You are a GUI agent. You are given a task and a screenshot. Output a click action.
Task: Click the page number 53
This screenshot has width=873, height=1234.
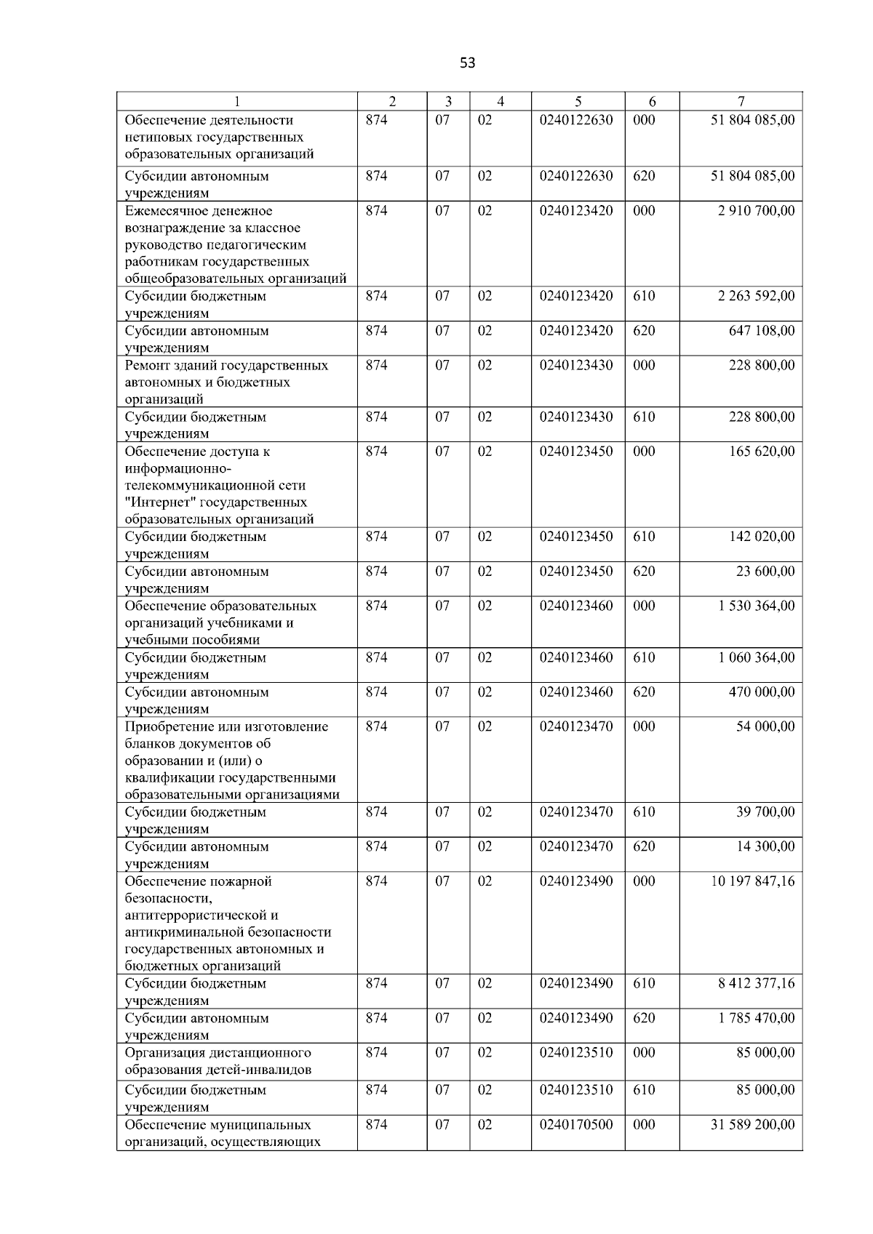tap(468, 63)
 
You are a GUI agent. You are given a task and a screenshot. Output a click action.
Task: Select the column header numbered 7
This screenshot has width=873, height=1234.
tap(741, 102)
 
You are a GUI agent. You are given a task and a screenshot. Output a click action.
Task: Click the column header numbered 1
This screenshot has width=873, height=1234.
tap(237, 102)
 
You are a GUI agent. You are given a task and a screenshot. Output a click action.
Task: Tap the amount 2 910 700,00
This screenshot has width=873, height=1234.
tap(756, 211)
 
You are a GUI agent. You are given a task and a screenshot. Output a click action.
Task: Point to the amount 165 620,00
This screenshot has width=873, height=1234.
tap(762, 452)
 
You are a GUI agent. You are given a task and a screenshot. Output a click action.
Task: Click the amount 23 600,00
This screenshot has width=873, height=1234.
tap(765, 572)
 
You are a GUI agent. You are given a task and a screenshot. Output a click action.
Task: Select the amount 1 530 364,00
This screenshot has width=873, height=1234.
tap(756, 606)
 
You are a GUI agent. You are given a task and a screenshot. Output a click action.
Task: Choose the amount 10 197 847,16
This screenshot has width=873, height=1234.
tap(753, 881)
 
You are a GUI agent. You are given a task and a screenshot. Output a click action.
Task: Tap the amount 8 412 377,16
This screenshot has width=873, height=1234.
tap(756, 984)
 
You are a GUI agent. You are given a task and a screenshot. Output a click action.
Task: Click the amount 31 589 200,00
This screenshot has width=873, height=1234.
tap(753, 1125)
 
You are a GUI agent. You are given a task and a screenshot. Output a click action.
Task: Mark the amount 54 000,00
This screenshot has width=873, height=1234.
tap(765, 726)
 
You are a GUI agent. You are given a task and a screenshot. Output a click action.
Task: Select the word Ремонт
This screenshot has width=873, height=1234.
tap(148, 365)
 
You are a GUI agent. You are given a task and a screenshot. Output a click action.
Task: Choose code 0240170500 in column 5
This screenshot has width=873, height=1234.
tap(576, 1125)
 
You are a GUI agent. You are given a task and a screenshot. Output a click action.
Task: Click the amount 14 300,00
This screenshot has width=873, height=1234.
tap(765, 846)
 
